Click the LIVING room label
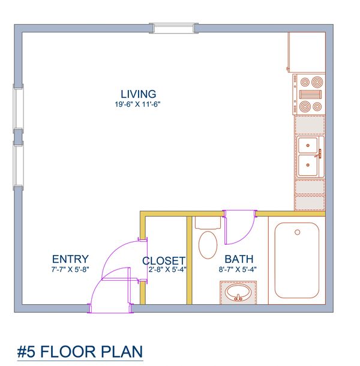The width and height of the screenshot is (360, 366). tap(138, 94)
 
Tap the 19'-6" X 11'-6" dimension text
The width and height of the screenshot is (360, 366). tap(137, 104)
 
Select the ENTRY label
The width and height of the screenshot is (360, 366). tap(70, 259)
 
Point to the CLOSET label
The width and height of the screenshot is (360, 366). tap(164, 261)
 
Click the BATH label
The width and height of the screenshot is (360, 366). tap(239, 259)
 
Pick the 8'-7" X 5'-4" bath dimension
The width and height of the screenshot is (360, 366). tap(238, 269)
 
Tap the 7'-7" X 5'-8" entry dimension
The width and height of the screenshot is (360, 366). tap(70, 269)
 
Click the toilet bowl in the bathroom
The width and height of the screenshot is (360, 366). tap(208, 245)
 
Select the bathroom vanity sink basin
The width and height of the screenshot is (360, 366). tap(238, 293)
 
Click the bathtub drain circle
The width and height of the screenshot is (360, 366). tap(297, 232)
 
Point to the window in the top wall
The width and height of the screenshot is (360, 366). tap(173, 28)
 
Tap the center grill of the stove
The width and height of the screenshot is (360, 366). tap(310, 95)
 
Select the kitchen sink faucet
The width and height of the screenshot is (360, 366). tap(319, 154)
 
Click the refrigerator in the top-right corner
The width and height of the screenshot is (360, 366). tap(307, 52)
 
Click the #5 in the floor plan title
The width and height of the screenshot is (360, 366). tap(26, 352)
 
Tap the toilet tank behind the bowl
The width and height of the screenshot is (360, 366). tap(208, 223)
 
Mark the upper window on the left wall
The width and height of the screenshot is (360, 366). tap(18, 109)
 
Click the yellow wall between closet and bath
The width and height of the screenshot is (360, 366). tap(189, 260)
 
